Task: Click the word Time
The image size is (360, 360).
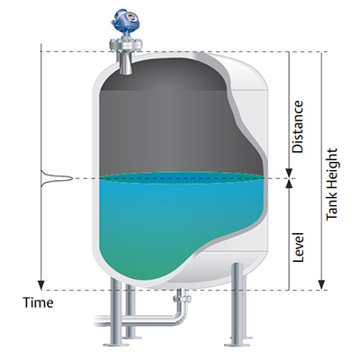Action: tap(39, 302)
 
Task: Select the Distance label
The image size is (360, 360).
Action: tap(298, 127)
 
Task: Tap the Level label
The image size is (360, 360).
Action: tap(298, 247)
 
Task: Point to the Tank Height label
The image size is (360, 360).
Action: tap(331, 184)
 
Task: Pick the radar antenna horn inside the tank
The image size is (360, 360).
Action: tap(125, 64)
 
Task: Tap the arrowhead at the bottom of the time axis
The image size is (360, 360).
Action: tap(40, 285)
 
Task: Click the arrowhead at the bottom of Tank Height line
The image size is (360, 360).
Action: tap(321, 285)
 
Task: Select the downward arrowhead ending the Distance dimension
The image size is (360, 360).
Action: tap(289, 174)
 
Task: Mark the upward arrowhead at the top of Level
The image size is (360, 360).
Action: tap(289, 184)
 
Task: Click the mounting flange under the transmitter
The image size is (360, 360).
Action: tap(125, 45)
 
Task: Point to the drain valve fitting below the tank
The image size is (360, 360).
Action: tap(183, 299)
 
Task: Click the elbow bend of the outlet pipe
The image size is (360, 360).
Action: tap(181, 318)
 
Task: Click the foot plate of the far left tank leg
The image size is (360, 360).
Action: tap(115, 344)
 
